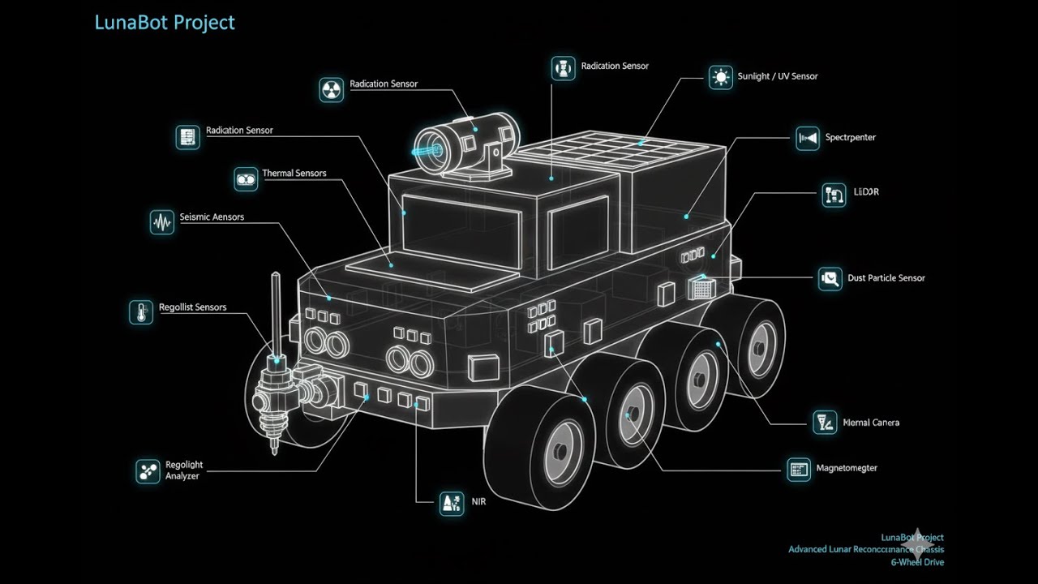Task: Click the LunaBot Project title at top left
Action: [165, 22]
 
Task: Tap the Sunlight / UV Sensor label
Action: [777, 76]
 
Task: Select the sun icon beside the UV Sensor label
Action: [720, 77]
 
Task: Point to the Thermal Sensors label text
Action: [294, 174]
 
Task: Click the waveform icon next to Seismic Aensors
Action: [162, 222]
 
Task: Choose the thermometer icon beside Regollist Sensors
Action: [141, 312]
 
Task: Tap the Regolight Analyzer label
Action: [183, 470]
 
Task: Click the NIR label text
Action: [478, 501]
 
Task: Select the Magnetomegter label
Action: [846, 468]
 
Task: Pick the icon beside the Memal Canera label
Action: [824, 422]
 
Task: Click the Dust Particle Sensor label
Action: [886, 278]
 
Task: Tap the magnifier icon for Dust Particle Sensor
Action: [830, 279]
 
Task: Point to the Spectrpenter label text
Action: [850, 138]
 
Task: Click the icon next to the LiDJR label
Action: [834, 195]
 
